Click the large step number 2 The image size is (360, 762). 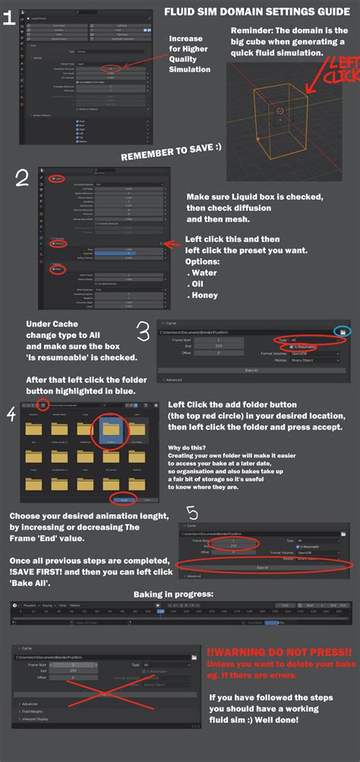23,179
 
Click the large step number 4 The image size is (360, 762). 10,413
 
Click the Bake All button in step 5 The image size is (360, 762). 261,567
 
